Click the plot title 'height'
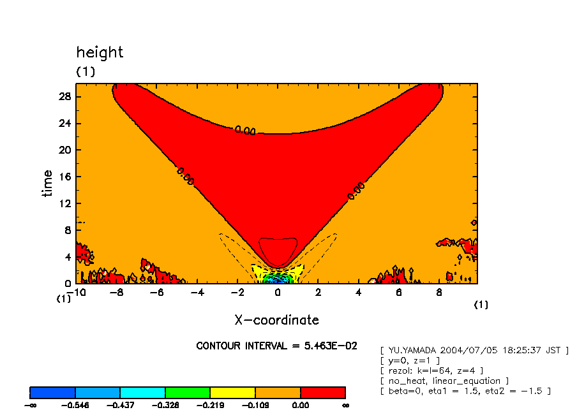[x=100, y=52]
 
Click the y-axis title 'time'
[x=48, y=184]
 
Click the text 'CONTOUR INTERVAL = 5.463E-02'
[x=276, y=346]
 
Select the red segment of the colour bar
[x=323, y=392]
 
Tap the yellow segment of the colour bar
[x=233, y=392]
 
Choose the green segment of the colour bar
[x=188, y=392]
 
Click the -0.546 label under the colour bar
[x=75, y=406]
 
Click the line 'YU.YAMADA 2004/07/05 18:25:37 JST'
[x=474, y=350]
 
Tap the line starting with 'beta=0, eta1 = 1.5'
[x=465, y=391]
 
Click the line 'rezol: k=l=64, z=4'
[x=431, y=370]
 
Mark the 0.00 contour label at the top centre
[x=245, y=131]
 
